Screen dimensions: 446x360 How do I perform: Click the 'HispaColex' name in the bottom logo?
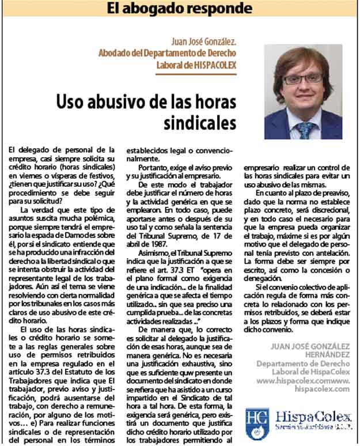pos(310,416)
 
